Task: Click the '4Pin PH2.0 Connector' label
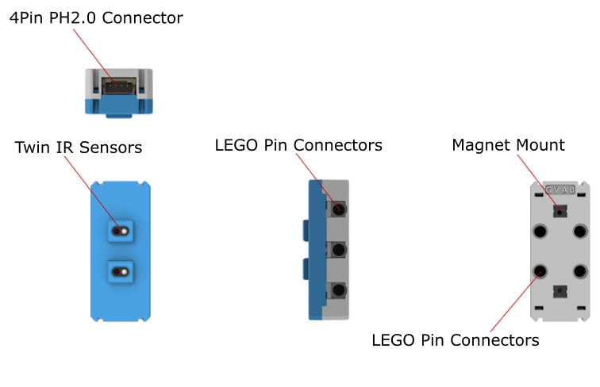(x=96, y=17)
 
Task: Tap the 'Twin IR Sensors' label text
(x=79, y=148)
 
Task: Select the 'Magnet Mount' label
(x=508, y=145)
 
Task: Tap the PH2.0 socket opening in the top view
(x=119, y=82)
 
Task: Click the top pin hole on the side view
(x=339, y=210)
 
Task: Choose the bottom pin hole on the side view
(x=339, y=290)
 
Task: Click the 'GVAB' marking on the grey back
(x=560, y=190)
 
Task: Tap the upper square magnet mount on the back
(x=560, y=212)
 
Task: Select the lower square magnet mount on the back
(x=560, y=290)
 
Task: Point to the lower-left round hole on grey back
(x=540, y=271)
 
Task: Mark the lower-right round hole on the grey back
(x=581, y=271)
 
